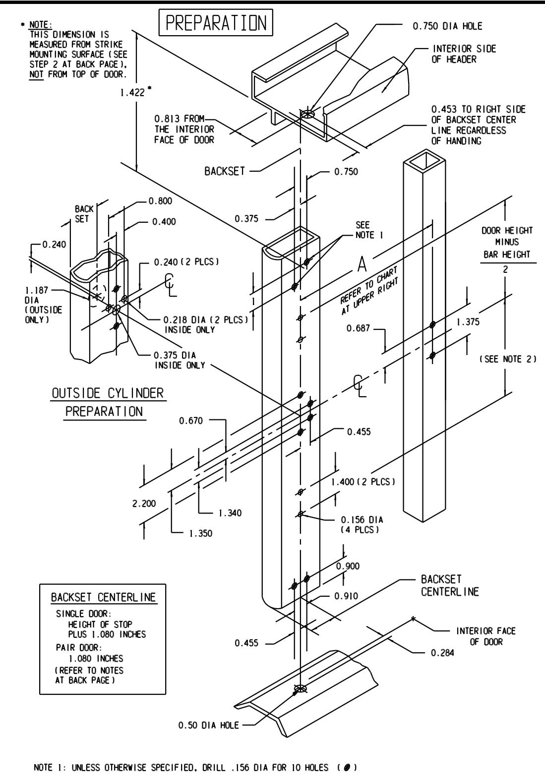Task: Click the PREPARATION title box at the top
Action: [x=216, y=23]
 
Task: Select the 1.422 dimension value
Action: [x=132, y=93]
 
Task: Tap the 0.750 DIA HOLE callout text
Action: [x=447, y=26]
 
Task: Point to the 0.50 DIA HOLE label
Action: [x=208, y=725]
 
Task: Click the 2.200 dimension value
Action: [x=144, y=503]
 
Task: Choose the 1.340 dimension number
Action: [x=230, y=513]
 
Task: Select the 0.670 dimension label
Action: [x=191, y=421]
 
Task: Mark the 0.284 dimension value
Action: [x=442, y=653]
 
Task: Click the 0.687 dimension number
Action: [x=358, y=328]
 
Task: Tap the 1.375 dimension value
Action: [x=468, y=322]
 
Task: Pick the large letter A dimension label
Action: [x=362, y=264]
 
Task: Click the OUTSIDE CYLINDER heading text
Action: [x=108, y=393]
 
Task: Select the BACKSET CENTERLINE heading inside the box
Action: [x=104, y=597]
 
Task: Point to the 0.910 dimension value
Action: [x=346, y=596]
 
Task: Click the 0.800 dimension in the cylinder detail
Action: [x=160, y=201]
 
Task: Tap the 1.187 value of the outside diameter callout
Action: [x=37, y=290]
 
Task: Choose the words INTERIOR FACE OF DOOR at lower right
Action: [x=486, y=636]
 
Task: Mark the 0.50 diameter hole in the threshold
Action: [x=301, y=688]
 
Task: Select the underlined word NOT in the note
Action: [x=37, y=74]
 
